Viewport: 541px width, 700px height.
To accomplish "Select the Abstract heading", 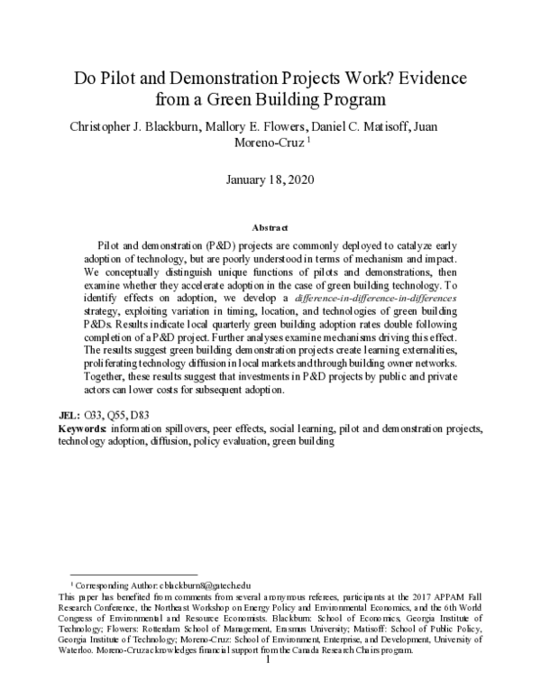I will (270, 229).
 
